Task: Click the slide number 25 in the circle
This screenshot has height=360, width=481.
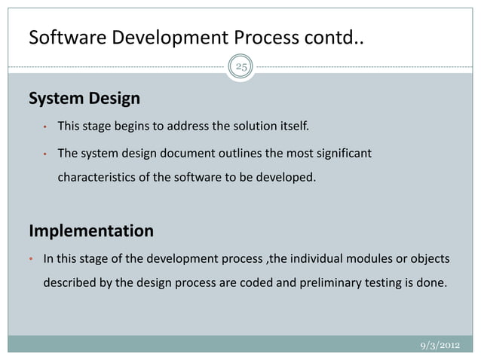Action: [240, 68]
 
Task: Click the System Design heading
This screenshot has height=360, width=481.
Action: [84, 99]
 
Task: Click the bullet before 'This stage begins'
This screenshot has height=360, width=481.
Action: [46, 127]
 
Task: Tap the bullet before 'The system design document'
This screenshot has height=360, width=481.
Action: [46, 154]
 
